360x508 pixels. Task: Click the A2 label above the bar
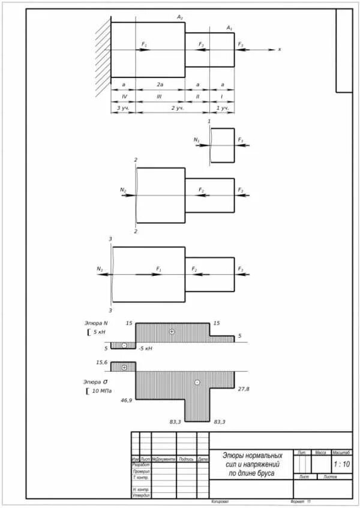coord(180,17)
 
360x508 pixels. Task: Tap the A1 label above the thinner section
coord(229,28)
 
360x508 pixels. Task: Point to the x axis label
coord(280,49)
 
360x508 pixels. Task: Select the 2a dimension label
coord(160,86)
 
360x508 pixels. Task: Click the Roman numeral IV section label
coord(124,97)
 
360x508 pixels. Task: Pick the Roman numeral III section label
coord(160,97)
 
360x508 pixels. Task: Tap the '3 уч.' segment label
coord(123,108)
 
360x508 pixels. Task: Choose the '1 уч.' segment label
coord(221,108)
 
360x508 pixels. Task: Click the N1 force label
coord(196,140)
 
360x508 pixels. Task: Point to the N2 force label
coord(123,190)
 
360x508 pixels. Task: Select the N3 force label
coord(99,269)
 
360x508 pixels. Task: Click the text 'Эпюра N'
coord(96,323)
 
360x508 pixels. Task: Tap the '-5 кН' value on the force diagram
coord(145,348)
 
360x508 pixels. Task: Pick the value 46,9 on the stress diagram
coord(126,399)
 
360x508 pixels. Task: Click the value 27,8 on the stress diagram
coord(244,389)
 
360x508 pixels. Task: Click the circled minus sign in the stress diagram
coord(197,382)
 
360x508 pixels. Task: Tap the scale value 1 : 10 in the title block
coord(341,464)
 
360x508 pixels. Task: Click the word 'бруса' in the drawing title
coord(263,473)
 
